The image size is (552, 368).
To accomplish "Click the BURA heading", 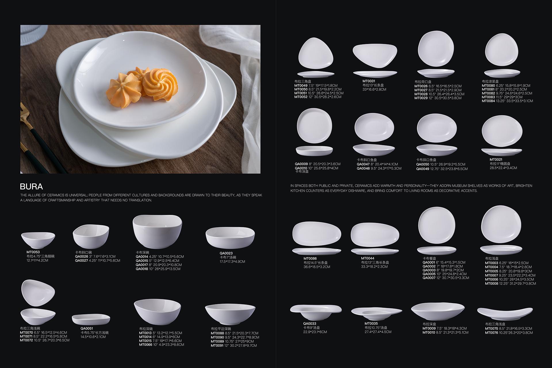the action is pos(31,187).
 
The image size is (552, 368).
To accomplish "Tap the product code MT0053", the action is pos(33,252).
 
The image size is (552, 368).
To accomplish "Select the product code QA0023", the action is pos(226,253).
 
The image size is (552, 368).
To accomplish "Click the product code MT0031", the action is pos(369,81).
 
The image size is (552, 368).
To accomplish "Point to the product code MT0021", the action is pos(496,160).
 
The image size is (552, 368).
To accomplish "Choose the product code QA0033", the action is pos(310,323).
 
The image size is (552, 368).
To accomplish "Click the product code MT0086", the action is pos(310,259).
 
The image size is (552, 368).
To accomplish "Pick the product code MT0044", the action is pos(368,258).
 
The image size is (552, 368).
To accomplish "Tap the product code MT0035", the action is pos(371,323).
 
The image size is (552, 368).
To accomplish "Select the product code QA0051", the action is pos(87,328).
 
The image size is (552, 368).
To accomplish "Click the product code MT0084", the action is pos(488,101).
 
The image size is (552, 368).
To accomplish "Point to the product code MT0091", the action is pos(217,346).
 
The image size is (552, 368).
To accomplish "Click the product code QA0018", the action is pos(142,269).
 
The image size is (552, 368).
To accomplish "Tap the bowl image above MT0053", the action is pos(38,240).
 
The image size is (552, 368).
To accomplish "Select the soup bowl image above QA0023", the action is pos(230,237).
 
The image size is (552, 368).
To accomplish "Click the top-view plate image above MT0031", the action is pos(375,56).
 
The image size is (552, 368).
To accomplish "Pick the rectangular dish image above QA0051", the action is pos(91,319).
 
